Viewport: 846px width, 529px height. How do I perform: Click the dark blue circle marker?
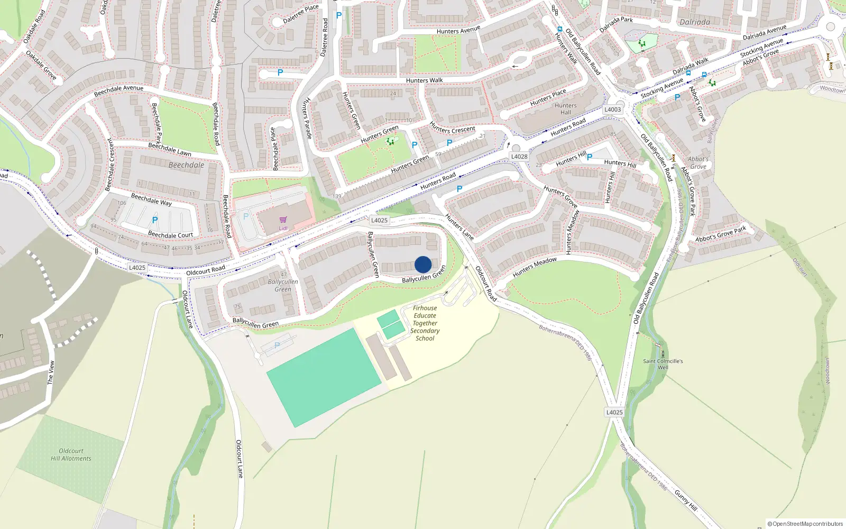[x=423, y=264]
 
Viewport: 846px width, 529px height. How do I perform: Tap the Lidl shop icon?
[x=283, y=220]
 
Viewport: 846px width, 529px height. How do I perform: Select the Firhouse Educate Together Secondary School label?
[x=425, y=323]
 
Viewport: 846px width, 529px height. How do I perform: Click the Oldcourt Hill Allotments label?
[x=71, y=455]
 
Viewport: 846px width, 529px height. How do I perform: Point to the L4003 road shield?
[x=613, y=110]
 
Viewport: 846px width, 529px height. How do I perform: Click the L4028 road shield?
[x=519, y=157]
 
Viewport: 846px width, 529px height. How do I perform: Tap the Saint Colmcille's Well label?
[x=663, y=364]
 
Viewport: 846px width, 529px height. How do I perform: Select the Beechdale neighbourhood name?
[x=186, y=165]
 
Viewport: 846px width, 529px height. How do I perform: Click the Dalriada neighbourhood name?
[x=695, y=22]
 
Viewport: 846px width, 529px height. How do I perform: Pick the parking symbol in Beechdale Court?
[x=155, y=220]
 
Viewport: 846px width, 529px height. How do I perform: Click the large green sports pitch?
[x=324, y=377]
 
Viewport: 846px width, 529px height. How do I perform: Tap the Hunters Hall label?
[x=566, y=109]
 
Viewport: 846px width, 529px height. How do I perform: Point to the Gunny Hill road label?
[x=686, y=500]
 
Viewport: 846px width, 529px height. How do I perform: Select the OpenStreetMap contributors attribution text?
[x=805, y=524]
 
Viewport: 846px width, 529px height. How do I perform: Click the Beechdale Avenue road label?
[x=118, y=91]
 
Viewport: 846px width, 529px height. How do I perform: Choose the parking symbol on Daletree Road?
[x=339, y=16]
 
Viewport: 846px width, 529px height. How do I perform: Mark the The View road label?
[x=51, y=372]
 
